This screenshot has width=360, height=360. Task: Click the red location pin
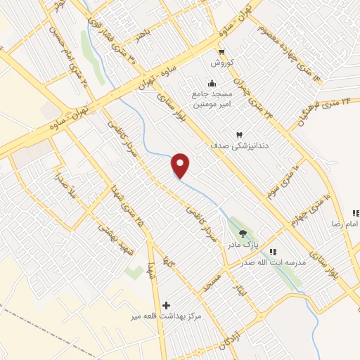click(181, 165)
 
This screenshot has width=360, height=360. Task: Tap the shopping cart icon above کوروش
click(222, 51)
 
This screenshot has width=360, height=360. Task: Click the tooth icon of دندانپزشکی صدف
click(238, 134)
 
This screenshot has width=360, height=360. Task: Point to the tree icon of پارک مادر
click(243, 234)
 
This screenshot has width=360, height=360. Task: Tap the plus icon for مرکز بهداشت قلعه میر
click(166, 305)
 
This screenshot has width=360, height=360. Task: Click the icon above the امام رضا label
click(356, 212)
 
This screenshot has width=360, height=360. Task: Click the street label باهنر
click(144, 33)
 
